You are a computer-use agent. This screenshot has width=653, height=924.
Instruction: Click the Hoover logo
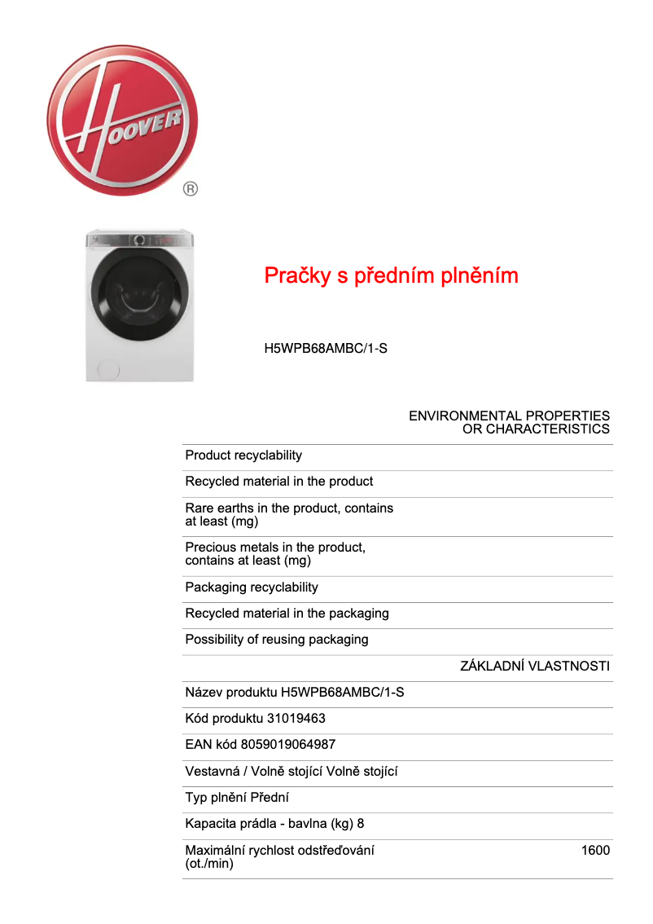tap(122, 121)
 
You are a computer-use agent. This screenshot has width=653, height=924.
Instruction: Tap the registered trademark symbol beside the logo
tap(190, 189)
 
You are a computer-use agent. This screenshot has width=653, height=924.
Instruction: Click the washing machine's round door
tap(139, 297)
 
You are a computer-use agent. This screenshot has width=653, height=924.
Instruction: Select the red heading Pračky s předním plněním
tap(391, 276)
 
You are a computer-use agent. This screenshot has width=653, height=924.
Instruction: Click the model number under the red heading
tap(326, 349)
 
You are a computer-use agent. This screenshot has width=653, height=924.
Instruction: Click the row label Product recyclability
tap(243, 455)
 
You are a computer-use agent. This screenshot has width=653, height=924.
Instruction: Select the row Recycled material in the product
tap(279, 482)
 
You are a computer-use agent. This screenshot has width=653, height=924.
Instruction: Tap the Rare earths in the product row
tap(289, 514)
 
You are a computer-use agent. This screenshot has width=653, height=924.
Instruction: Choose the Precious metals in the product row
tap(275, 554)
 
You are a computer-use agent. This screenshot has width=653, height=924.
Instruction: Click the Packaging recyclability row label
tap(252, 587)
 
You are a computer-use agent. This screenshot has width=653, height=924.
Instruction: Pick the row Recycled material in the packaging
tap(287, 614)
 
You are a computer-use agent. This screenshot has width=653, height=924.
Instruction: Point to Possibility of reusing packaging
tap(277, 640)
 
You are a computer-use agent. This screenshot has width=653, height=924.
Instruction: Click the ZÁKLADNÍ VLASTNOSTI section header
tap(535, 666)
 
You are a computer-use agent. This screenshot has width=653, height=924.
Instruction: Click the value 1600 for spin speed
tap(595, 851)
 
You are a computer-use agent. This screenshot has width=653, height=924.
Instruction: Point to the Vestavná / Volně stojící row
tap(291, 772)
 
